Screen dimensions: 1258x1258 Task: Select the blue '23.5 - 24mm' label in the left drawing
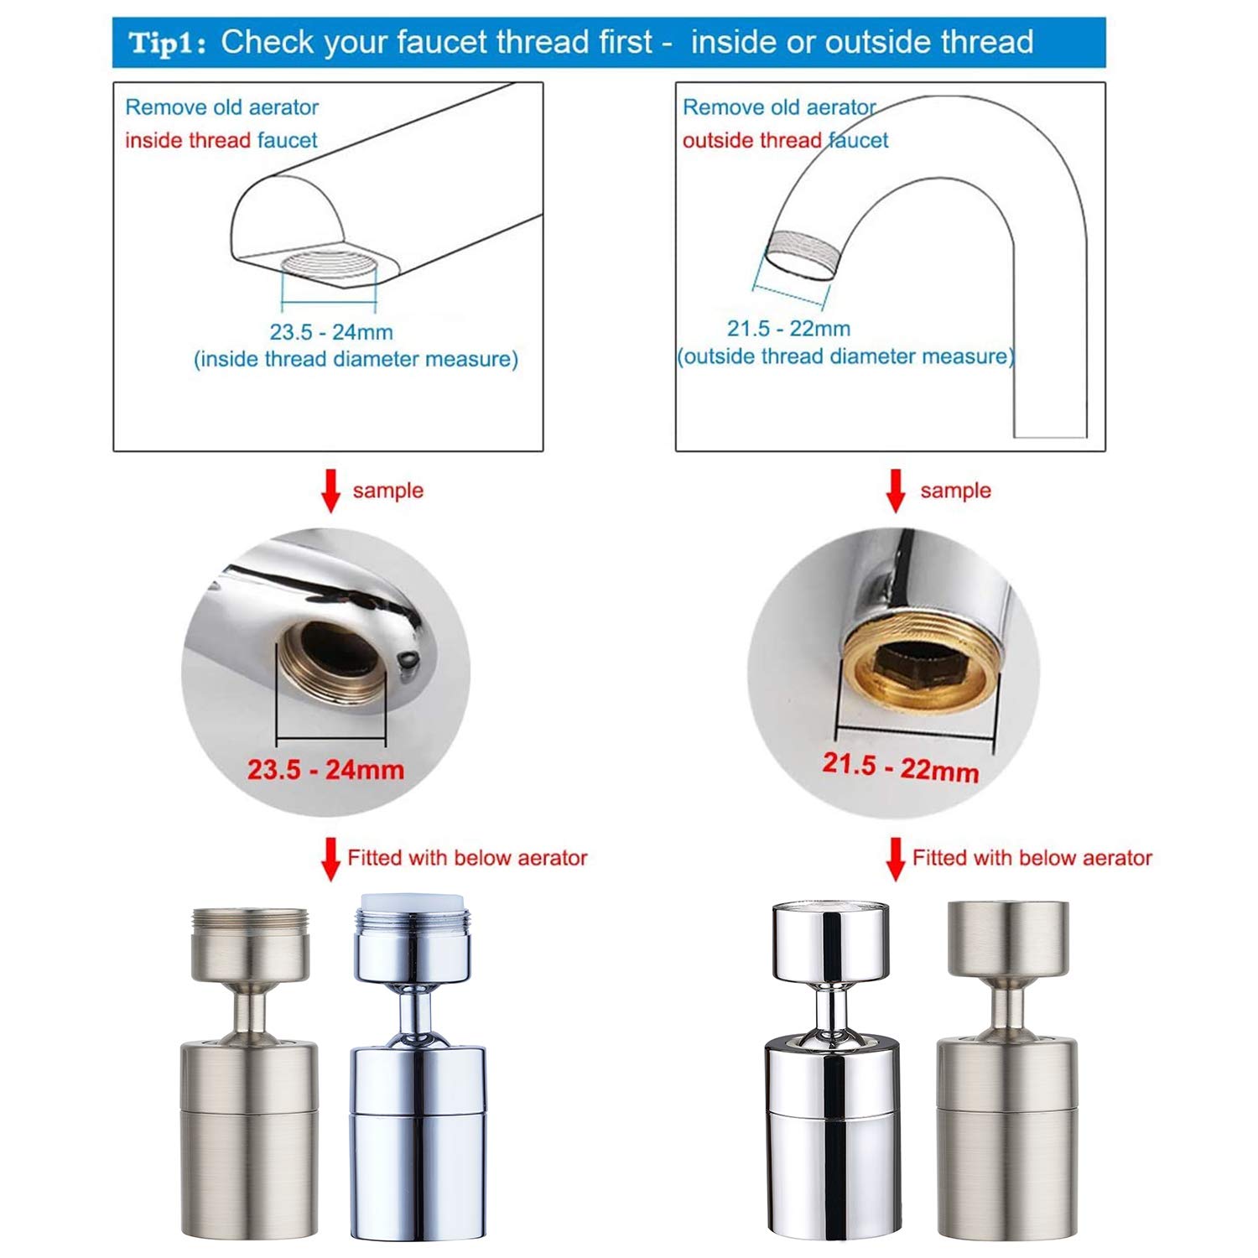click(331, 332)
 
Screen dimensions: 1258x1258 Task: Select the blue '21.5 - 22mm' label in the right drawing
click(788, 329)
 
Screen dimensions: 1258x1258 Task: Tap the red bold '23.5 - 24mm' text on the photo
click(325, 769)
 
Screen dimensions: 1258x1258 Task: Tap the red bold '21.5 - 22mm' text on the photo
click(901, 767)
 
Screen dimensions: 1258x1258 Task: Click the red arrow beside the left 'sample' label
click(331, 491)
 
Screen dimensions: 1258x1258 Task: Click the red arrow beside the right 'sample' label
click(896, 491)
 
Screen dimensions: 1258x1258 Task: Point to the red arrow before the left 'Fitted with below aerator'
click(331, 859)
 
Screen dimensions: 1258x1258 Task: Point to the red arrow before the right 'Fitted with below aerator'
click(896, 859)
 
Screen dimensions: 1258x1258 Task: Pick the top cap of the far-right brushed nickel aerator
click(1008, 938)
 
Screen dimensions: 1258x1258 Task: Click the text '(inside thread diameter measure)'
click(356, 360)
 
